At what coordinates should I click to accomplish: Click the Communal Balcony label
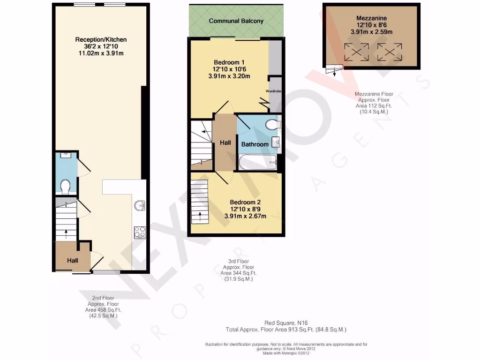[236, 21]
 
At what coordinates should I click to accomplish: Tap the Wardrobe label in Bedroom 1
[273, 91]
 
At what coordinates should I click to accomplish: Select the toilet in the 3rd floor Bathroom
[273, 124]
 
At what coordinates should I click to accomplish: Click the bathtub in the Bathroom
[258, 162]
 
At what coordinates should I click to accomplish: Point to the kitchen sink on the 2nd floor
[140, 205]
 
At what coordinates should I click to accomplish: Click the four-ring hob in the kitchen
[140, 232]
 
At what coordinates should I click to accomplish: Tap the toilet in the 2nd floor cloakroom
[65, 187]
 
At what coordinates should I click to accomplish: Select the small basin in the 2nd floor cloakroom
[66, 155]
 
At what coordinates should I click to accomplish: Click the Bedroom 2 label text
[245, 202]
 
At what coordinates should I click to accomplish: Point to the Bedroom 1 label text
[229, 62]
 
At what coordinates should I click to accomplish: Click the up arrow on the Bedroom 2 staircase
[200, 216]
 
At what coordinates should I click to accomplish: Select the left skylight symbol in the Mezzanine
[356, 52]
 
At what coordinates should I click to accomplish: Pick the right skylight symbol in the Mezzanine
[390, 52]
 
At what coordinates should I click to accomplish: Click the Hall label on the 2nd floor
[73, 261]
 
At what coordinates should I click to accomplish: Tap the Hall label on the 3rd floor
[225, 142]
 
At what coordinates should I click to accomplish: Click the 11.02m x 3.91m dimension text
[101, 53]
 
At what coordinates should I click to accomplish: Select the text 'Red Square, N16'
[286, 323]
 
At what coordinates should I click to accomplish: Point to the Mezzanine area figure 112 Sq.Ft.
[374, 106]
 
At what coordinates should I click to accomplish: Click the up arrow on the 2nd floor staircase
[66, 234]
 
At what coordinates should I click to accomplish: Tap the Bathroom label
[255, 144]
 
